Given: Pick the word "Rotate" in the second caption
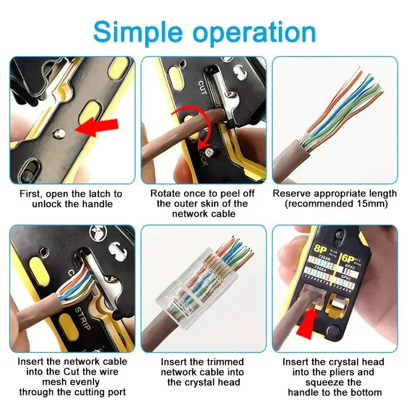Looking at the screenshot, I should (x=164, y=194).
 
